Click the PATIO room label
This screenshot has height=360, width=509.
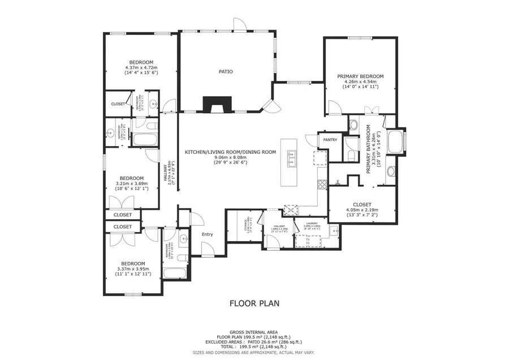[x=226, y=72]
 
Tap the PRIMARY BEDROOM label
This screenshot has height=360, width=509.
[x=360, y=76]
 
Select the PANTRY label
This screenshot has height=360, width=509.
[x=330, y=139]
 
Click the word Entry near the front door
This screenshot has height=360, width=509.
[x=208, y=234]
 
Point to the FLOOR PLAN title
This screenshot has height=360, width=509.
[x=254, y=303]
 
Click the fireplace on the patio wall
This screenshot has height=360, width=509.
[x=218, y=105]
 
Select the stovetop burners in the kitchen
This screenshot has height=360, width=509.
[x=322, y=183]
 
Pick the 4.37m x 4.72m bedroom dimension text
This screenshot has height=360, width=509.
[x=141, y=67]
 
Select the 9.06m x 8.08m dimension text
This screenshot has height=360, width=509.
[x=230, y=157]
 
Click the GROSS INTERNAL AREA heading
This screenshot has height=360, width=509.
[x=254, y=332]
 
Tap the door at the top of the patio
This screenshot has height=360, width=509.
[x=240, y=24]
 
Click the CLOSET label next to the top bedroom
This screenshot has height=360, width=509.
[x=118, y=104]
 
